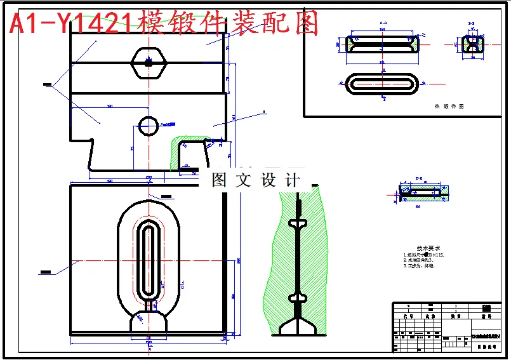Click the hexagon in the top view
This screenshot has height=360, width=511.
148,62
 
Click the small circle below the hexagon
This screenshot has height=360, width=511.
149,125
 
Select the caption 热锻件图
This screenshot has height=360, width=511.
449,107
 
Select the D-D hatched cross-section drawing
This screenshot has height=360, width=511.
423,190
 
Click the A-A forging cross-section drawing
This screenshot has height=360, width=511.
383,44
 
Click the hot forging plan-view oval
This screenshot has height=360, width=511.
382,83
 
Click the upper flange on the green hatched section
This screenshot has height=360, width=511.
296,223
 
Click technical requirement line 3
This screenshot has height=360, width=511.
420,266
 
